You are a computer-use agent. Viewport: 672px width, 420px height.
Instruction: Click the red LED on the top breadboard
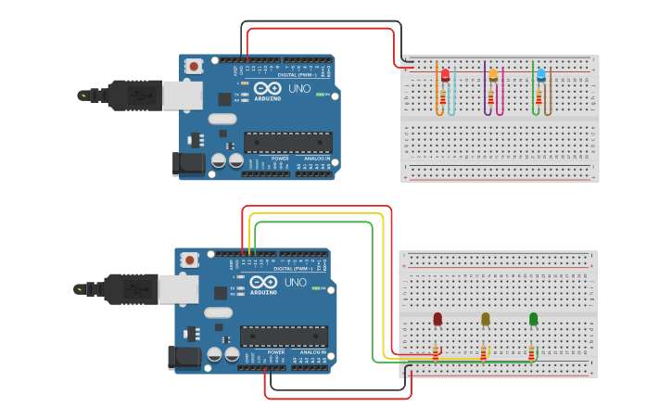coord(445,75)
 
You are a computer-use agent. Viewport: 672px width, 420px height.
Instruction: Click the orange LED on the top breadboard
coord(493,75)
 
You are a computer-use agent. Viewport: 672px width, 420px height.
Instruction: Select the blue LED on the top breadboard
coord(541,75)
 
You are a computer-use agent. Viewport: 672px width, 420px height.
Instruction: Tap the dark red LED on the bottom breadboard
coord(437,319)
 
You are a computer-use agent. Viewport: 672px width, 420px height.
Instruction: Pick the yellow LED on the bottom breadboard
coord(485,319)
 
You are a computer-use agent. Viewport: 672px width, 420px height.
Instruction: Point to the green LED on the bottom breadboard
coord(533,319)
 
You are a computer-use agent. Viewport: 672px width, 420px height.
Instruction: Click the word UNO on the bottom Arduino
coord(295,282)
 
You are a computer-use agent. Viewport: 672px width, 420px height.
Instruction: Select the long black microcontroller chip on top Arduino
coord(287,142)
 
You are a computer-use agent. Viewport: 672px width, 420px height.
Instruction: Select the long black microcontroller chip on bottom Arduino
coord(284,337)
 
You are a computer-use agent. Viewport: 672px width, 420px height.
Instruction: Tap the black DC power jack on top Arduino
coord(189,164)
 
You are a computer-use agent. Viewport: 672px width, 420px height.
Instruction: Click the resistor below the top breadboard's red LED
coord(444,95)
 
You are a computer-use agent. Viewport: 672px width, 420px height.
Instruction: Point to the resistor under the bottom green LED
coord(531,353)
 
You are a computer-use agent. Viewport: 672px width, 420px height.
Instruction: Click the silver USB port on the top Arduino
coord(181,95)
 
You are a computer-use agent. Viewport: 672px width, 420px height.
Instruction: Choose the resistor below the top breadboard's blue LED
coord(540,95)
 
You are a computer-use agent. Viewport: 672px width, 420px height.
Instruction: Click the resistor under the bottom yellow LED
coord(483,353)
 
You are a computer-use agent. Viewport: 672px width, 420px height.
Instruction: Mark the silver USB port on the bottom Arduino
coord(176,289)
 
